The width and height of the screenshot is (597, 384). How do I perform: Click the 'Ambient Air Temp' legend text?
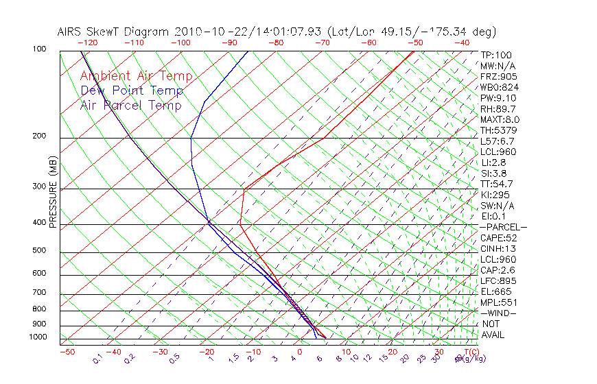click(x=136, y=76)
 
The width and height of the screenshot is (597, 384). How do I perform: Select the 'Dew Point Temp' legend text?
click(x=132, y=91)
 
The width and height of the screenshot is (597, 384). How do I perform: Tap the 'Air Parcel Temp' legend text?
click(x=131, y=105)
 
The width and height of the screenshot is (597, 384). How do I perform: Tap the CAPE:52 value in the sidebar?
click(x=497, y=238)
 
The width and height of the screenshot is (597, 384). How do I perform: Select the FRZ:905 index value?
click(x=498, y=77)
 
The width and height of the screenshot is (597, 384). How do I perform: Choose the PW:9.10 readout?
click(x=498, y=98)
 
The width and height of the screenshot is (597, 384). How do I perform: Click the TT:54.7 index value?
click(x=497, y=184)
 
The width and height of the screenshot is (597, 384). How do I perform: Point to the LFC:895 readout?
click(x=498, y=280)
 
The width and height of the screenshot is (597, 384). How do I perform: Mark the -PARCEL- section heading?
click(x=503, y=227)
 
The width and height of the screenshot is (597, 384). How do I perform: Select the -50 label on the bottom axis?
click(x=67, y=352)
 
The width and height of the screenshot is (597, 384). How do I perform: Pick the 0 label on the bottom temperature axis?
click(x=299, y=352)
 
